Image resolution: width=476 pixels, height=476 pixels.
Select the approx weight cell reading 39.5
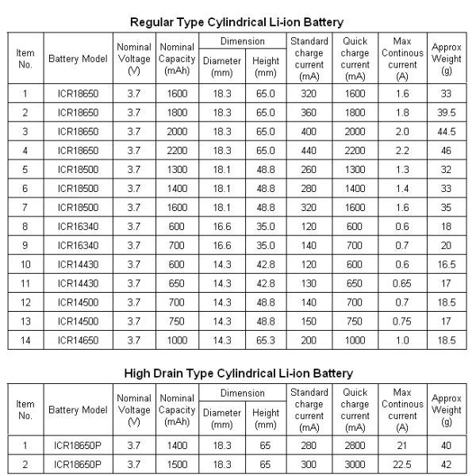(x=447, y=112)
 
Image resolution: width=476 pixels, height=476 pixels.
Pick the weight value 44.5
(x=447, y=130)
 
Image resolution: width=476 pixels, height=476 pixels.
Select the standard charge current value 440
(x=309, y=149)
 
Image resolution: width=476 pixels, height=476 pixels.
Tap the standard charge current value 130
(x=309, y=282)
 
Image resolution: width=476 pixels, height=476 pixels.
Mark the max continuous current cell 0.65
(x=404, y=282)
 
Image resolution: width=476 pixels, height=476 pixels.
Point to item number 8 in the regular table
(x=25, y=225)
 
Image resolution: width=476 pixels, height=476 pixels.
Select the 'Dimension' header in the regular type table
(x=242, y=40)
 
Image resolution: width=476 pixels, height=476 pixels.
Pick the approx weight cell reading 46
(x=447, y=149)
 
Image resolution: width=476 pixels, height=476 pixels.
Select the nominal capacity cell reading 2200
(x=176, y=149)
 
